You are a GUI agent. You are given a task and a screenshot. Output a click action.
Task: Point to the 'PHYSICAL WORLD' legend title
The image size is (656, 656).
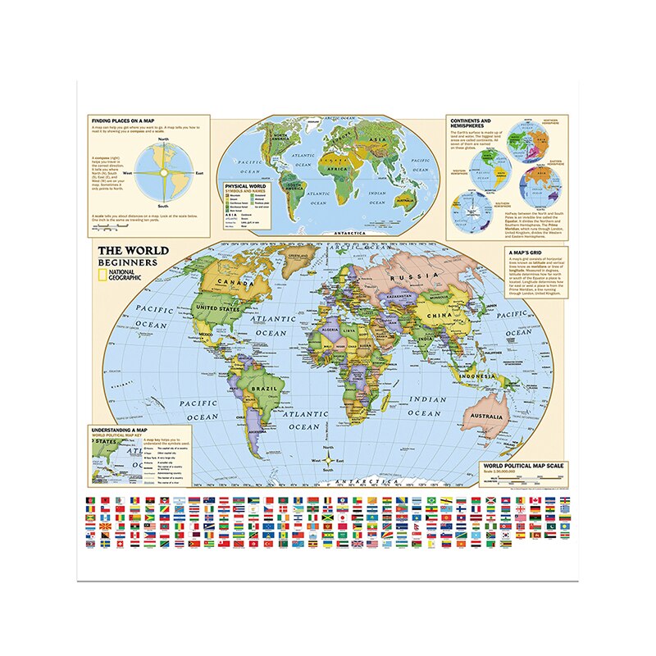247,185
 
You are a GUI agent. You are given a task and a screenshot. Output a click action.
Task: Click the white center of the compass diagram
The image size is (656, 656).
162,172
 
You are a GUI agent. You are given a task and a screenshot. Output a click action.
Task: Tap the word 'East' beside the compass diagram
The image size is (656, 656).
199,173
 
